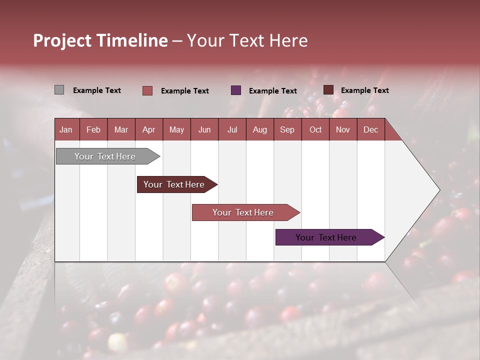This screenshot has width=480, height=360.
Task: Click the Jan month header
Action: [x=66, y=129]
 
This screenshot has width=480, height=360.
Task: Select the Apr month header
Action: [x=148, y=129]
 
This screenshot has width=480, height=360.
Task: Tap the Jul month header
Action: [x=232, y=129]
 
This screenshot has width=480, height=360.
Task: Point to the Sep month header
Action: [x=287, y=129]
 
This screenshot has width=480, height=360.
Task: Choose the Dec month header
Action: [x=370, y=129]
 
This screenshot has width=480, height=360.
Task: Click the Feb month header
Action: [x=93, y=129]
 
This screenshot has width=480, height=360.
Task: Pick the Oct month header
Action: [x=315, y=129]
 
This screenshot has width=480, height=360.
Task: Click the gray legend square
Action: [x=59, y=90]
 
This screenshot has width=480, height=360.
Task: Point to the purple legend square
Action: [x=236, y=90]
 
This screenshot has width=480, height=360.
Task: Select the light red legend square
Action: [x=147, y=90]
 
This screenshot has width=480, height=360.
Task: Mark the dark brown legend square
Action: [x=328, y=90]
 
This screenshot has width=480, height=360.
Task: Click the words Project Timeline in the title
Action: [x=100, y=40]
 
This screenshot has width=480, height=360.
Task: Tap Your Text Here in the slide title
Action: [x=247, y=40]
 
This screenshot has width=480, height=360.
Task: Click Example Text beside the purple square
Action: [x=272, y=91]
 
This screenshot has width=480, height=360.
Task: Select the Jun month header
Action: [x=204, y=129]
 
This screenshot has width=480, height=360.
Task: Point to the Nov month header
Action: [x=343, y=129]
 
